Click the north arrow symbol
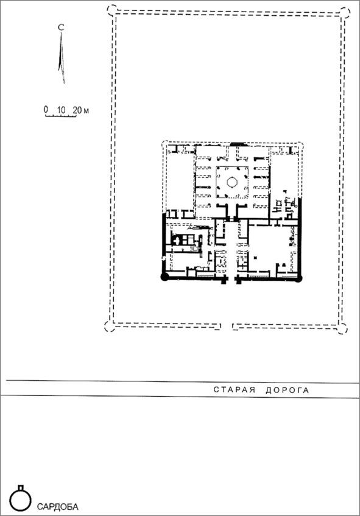pyautogui.click(x=61, y=58)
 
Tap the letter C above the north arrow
pyautogui.click(x=61, y=27)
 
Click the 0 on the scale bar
pyautogui.click(x=46, y=110)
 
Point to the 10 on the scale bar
pyautogui.click(x=61, y=110)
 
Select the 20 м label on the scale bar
pyautogui.click(x=80, y=110)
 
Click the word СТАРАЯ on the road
pyautogui.click(x=235, y=390)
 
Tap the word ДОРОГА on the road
pyautogui.click(x=288, y=391)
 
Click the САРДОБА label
pyautogui.click(x=58, y=506)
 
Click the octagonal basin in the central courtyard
pyautogui.click(x=232, y=182)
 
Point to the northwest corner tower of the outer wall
pyautogui.click(x=112, y=10)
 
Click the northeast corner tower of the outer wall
pyautogui.click(x=345, y=12)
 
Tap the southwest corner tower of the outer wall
pyautogui.click(x=109, y=327)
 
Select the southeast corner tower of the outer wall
pyautogui.click(x=342, y=328)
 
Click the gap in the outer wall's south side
pyautogui.click(x=227, y=327)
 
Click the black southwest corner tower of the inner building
pyautogui.click(x=164, y=277)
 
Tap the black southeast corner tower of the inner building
pyautogui.click(x=299, y=278)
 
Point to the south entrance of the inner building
pyautogui.click(x=231, y=280)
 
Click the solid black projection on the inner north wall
pyautogui.click(x=237, y=144)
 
